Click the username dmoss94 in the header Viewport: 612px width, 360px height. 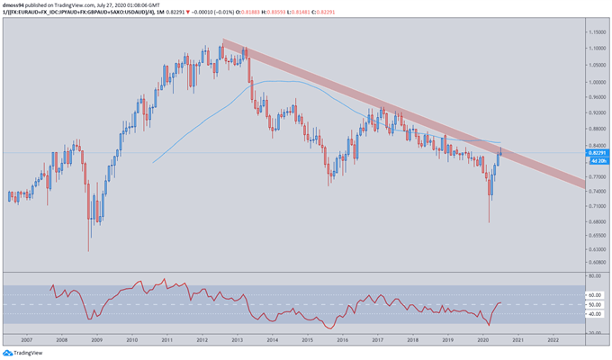15,4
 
